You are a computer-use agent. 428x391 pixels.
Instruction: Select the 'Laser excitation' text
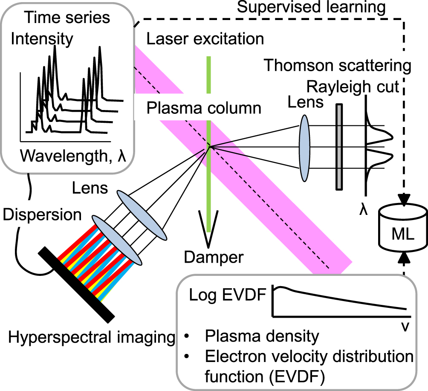(205, 39)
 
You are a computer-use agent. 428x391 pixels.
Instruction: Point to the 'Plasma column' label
(204, 107)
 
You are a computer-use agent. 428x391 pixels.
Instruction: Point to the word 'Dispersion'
(42, 214)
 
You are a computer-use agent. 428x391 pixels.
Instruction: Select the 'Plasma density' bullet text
(261, 336)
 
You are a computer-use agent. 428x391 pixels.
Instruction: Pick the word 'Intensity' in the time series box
(42, 39)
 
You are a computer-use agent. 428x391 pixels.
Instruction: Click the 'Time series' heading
(67, 18)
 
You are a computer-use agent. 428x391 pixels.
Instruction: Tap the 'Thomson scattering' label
(337, 66)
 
